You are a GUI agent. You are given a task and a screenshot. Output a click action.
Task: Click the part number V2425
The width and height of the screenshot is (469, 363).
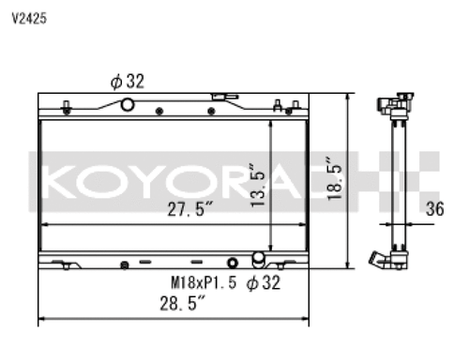(x=28, y=17)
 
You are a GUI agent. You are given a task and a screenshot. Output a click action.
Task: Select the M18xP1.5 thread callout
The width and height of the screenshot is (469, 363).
(x=204, y=280)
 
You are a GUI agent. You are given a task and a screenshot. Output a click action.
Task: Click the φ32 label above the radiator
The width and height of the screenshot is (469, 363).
(x=127, y=82)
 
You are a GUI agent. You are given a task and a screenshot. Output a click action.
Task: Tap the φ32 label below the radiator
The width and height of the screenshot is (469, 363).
(x=264, y=280)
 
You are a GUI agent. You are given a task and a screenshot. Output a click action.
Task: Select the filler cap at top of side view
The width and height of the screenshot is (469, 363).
(x=394, y=100)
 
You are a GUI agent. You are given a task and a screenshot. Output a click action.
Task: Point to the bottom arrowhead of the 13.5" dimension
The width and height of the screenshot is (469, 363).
(x=271, y=246)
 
